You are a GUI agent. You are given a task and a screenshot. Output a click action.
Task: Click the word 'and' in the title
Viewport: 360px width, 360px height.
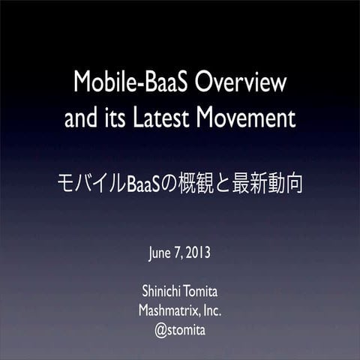(81, 118)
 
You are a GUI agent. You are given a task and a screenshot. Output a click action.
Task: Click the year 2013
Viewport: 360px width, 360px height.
(197, 250)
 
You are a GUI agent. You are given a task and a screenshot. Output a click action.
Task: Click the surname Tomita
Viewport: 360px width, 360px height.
(202, 290)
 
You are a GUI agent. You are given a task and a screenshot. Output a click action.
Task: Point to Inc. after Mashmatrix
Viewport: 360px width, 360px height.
(211, 310)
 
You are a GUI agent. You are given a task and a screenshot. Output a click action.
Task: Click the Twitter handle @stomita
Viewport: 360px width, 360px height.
(180, 330)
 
